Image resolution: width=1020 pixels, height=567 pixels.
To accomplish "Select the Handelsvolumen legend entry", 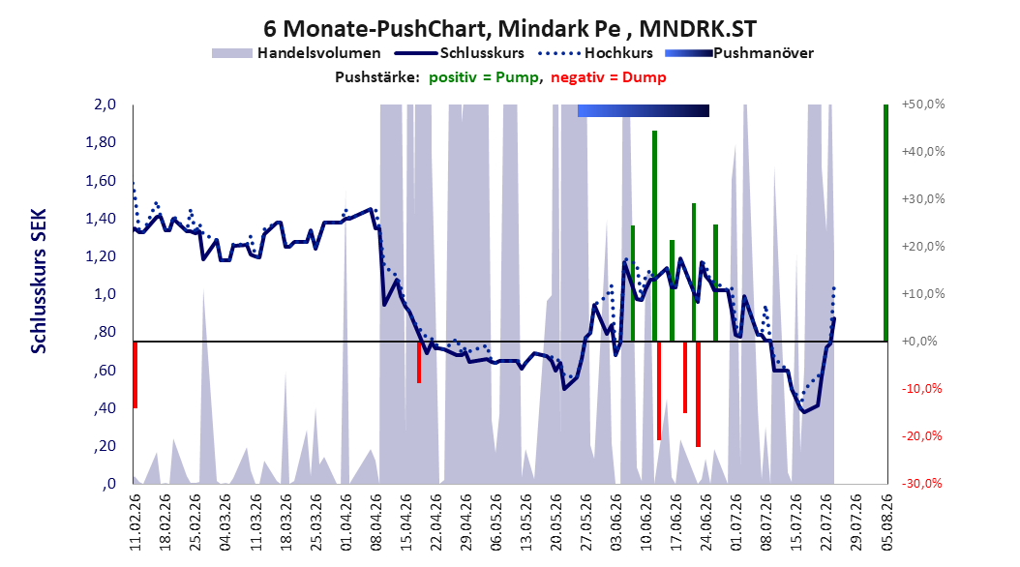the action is tap(296, 53).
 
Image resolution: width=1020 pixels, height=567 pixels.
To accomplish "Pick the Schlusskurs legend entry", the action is tap(459, 53).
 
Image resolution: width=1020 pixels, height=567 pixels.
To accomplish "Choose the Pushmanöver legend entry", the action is tap(739, 53).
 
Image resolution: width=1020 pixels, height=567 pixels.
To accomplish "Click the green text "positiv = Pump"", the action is tap(483, 77).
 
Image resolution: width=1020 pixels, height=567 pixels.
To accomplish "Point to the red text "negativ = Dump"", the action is tap(609, 77).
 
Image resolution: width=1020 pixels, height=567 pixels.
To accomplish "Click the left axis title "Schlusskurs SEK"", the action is tap(39, 281).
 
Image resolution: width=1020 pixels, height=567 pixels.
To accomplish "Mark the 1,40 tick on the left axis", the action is tap(101, 219).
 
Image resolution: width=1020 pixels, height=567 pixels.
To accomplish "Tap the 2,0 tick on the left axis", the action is tap(105, 104).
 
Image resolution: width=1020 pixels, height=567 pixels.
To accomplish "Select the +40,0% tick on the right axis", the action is tap(923, 152).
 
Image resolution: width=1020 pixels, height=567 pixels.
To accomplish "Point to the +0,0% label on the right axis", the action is tap(923, 342).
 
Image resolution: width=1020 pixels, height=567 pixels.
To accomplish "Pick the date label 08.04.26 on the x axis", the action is tap(376, 522).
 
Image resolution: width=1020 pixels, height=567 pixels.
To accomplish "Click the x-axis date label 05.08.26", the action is tap(886, 522).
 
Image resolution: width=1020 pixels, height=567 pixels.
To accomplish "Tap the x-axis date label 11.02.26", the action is tap(135, 522).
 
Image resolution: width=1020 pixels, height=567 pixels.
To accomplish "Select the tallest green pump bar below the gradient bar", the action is tap(654, 236).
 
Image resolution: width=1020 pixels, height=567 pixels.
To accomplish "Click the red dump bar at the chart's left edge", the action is tap(135, 374).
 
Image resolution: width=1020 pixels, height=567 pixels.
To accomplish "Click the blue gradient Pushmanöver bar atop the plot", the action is tap(644, 110).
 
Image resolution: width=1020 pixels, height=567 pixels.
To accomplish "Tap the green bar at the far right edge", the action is tap(885, 223).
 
